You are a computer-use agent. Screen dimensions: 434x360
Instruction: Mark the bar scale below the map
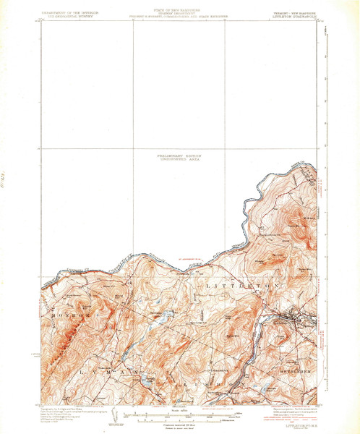pyautogui.click(x=180, y=414)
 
